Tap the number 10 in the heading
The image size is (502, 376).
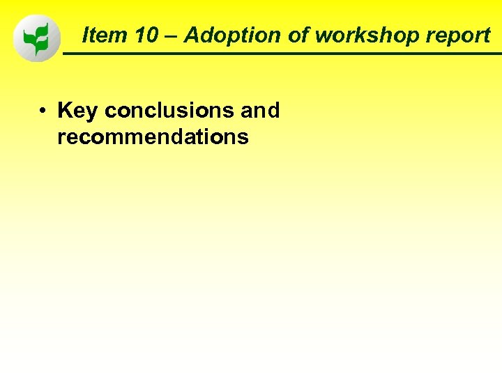pos(147,36)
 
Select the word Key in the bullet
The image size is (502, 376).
pos(77,111)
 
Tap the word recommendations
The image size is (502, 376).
pos(153,137)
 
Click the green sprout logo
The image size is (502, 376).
pos(36,38)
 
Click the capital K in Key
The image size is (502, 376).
pos(65,110)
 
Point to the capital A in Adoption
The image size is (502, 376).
pos(192,36)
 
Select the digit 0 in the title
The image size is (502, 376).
pos(153,36)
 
